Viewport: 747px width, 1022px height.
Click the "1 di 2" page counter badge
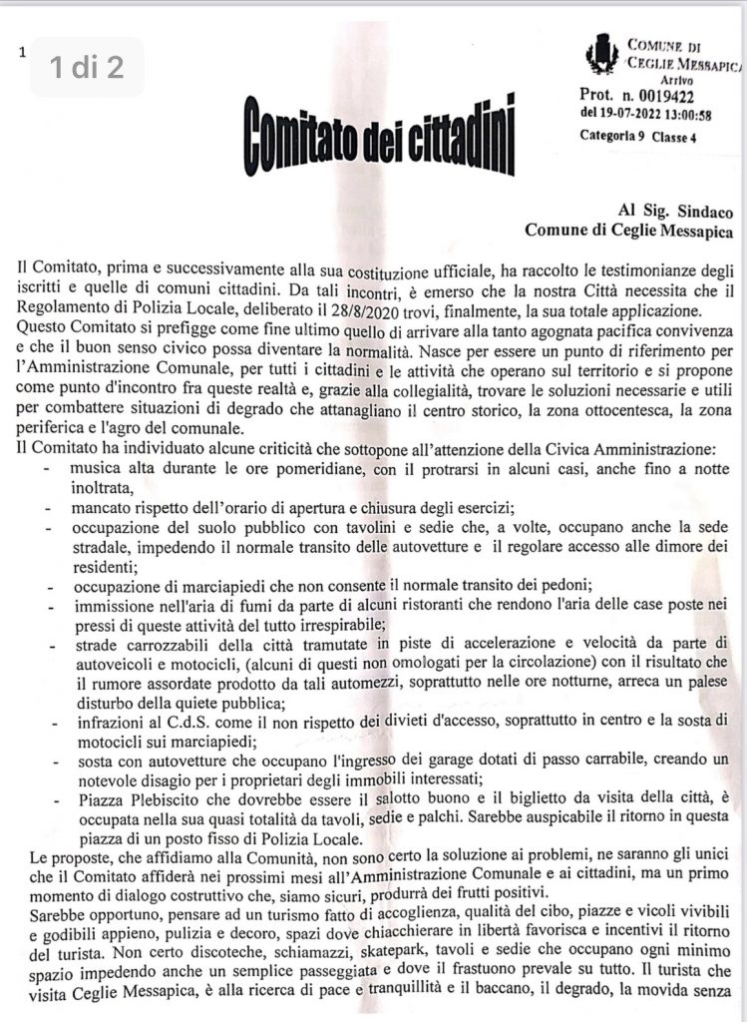click(87, 67)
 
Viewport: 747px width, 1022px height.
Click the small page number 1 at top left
click(20, 53)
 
